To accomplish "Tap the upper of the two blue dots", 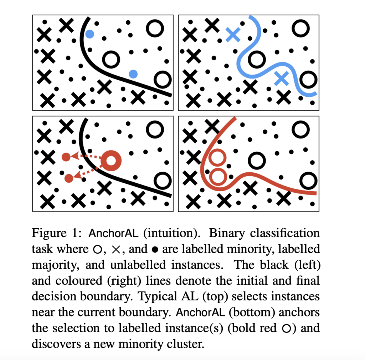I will (x=89, y=34).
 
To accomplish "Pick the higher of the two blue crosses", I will (x=233, y=34).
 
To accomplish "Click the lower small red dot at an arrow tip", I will (x=68, y=178).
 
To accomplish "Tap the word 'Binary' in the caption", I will (x=227, y=233).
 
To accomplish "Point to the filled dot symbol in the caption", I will (x=155, y=249).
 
